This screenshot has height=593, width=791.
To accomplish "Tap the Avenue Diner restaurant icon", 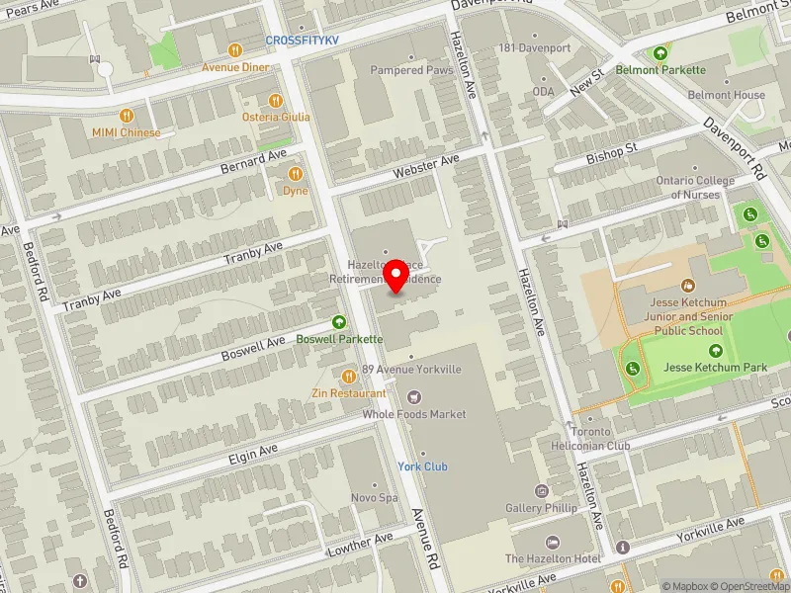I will click(x=234, y=50).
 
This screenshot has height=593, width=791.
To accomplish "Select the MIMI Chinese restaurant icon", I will click(x=127, y=116).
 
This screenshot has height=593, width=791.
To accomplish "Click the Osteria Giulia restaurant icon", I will click(x=276, y=100).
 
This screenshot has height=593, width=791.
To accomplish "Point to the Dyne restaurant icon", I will click(x=295, y=174).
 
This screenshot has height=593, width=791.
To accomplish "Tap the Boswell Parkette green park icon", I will click(x=340, y=321).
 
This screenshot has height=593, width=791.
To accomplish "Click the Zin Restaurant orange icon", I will click(x=348, y=376).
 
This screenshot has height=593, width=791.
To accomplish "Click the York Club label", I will click(x=422, y=466).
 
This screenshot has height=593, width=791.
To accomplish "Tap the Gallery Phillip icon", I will click(x=541, y=491).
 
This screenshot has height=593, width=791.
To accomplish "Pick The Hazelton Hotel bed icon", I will click(x=552, y=543).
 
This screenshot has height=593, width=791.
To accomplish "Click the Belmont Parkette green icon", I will click(x=660, y=52).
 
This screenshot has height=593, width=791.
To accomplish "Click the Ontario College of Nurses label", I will click(x=695, y=188).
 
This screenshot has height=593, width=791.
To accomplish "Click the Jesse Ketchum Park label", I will click(x=715, y=368).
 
